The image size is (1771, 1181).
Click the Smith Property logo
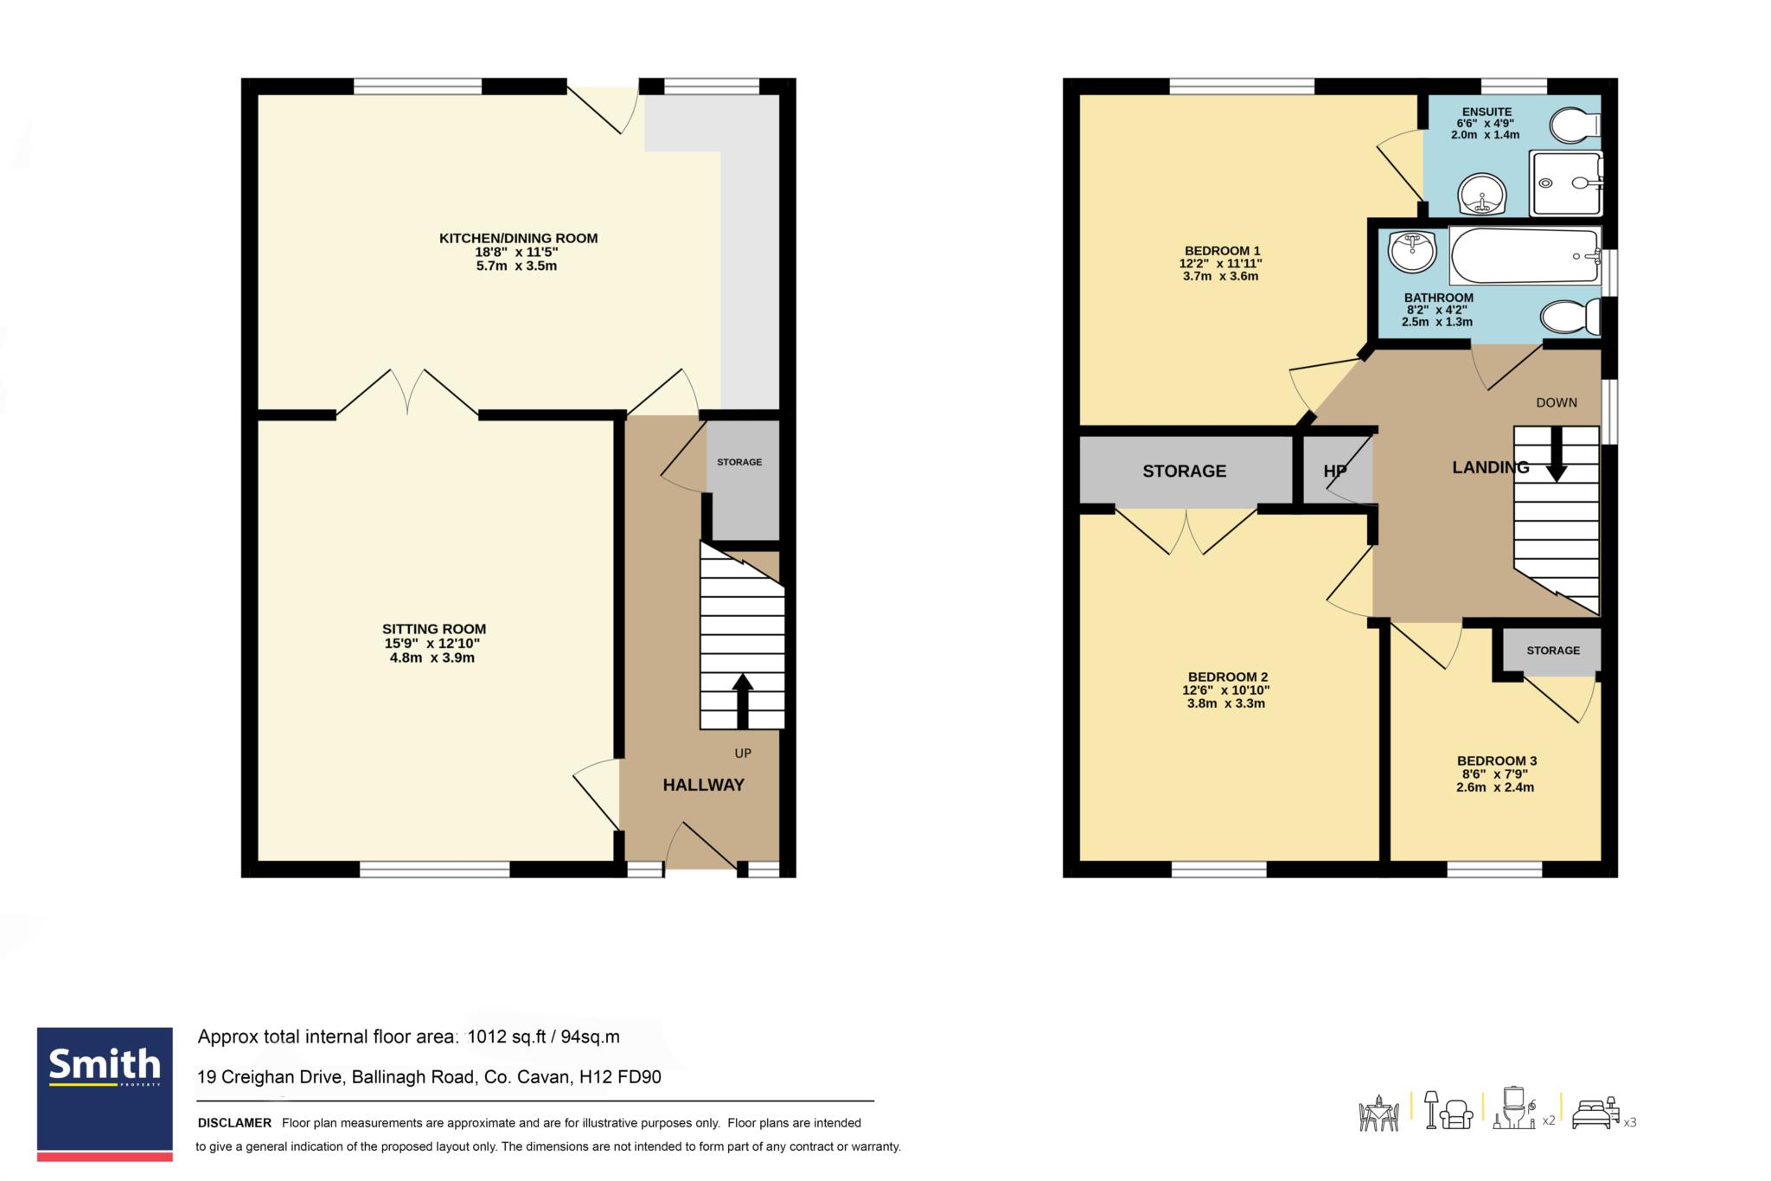[105, 1094]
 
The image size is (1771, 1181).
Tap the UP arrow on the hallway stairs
[742, 700]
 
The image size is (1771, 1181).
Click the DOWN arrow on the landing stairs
[1556, 454]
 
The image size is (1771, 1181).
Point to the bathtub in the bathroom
[1525, 256]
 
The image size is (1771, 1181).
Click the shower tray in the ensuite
[1566, 183]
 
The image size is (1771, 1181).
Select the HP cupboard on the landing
[1337, 471]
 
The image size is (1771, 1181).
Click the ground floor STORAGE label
[739, 462]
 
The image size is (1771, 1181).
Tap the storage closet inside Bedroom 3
[1552, 651]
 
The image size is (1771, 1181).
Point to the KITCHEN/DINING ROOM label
[518, 239]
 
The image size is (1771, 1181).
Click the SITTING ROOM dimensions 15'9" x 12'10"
[432, 644]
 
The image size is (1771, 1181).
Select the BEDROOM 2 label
[1228, 677]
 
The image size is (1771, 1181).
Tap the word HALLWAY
[703, 785]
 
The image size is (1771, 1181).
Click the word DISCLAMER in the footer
[234, 1123]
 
